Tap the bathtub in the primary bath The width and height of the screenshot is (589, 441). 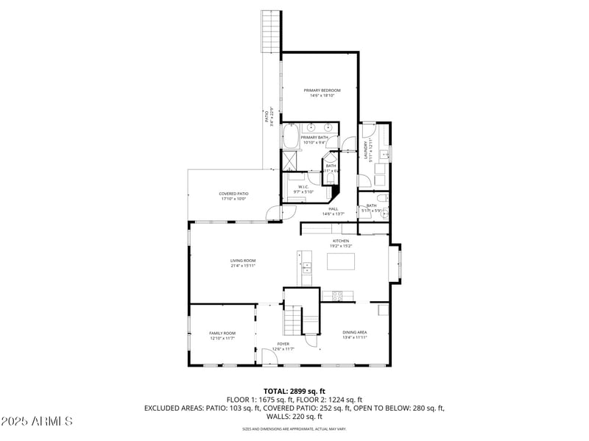(x=290, y=137)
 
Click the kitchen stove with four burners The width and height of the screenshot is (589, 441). (x=337, y=296)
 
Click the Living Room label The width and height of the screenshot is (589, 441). (x=243, y=260)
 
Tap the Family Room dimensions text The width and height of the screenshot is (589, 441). (x=222, y=339)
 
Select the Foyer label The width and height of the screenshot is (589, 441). (x=283, y=344)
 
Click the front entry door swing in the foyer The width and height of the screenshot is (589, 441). (x=269, y=357)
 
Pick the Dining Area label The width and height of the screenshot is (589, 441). (x=355, y=333)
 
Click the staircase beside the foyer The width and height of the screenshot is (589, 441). (x=294, y=320)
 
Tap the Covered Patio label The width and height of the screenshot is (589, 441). (x=233, y=194)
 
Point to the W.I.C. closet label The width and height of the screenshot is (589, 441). (x=303, y=187)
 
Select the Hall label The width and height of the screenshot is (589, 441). (x=334, y=209)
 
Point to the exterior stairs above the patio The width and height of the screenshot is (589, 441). (x=271, y=31)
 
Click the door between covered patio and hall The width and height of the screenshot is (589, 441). (x=275, y=213)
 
